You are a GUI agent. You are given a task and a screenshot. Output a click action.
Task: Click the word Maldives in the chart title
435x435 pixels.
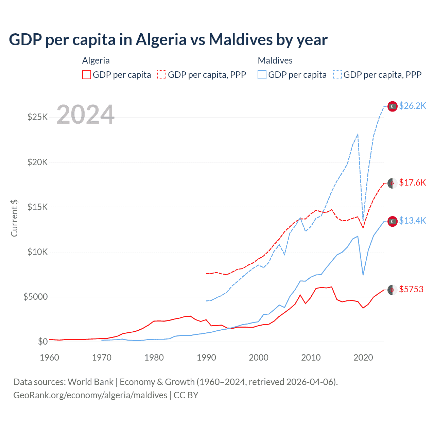[x=241, y=40]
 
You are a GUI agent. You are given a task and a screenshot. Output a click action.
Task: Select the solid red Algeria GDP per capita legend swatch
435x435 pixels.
[x=87, y=75]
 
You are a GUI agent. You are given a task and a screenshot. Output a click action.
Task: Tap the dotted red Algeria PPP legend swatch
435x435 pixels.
[x=162, y=75]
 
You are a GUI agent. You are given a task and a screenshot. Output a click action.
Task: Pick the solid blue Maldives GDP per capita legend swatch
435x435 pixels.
[x=262, y=75]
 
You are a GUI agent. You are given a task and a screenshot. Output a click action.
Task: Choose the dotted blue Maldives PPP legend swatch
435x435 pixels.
[x=337, y=75]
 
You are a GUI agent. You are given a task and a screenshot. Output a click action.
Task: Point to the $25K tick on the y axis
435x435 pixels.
[x=37, y=117]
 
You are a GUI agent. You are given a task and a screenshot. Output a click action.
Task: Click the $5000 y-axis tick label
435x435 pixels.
[x=35, y=297]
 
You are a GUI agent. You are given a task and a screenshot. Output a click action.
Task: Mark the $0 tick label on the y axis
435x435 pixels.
[x=42, y=342]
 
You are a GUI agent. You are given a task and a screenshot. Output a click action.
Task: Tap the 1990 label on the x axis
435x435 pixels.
[x=206, y=358]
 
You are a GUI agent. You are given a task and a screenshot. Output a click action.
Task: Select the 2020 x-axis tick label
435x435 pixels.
[x=363, y=358]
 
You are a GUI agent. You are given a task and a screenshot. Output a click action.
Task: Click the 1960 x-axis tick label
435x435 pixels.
[x=50, y=358]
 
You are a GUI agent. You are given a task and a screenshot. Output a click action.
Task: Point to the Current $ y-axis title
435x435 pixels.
[x=14, y=218]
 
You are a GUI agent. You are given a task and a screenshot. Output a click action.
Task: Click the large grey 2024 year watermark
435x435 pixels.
[x=86, y=115]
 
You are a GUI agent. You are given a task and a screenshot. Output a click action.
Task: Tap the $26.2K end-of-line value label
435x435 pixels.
[x=412, y=106]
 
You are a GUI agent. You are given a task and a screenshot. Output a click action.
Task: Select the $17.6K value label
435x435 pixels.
[x=412, y=183]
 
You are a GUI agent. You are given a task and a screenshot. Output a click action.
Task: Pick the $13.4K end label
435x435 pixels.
[x=412, y=221]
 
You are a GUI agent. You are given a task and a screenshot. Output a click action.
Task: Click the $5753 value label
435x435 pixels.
[x=411, y=290]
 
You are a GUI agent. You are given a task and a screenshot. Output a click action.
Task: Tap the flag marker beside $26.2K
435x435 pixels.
[x=393, y=106]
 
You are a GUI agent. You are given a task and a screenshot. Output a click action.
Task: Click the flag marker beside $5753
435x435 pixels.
[x=393, y=290]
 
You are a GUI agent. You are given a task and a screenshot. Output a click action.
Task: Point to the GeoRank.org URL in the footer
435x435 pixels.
[x=90, y=395]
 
